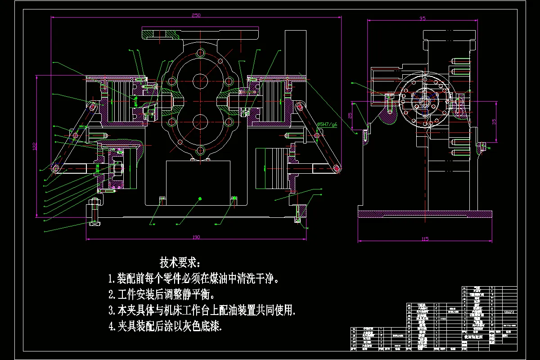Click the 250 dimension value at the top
point(196,15)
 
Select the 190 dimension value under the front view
point(196,237)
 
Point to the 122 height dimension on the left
point(34,146)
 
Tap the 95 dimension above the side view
point(422,18)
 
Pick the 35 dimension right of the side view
point(494,121)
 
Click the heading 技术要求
point(181,262)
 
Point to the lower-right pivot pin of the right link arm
point(337,168)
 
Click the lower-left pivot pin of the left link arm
point(55,168)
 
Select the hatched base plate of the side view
point(425,215)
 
